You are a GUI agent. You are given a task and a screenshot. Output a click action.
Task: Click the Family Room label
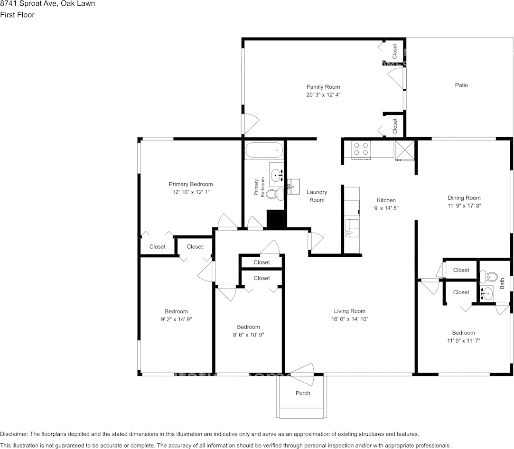tap(323, 87)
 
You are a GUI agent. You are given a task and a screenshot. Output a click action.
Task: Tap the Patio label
tap(461, 85)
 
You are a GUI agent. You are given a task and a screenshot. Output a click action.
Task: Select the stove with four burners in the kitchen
tap(361, 150)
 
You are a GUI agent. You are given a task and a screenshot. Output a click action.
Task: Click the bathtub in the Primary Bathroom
tap(264, 151)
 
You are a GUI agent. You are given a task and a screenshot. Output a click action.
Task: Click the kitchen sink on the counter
tap(352, 227)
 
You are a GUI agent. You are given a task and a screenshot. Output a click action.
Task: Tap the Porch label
tap(303, 393)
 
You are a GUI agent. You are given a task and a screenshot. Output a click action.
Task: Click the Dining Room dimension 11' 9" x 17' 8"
tap(464, 206)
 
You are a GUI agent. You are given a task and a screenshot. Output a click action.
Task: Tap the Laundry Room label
tap(317, 196)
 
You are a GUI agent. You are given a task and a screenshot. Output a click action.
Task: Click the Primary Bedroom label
tap(191, 184)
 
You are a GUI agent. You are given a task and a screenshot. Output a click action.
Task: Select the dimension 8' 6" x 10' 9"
tap(248, 335)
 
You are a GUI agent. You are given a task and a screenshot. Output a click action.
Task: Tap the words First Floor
tap(17, 15)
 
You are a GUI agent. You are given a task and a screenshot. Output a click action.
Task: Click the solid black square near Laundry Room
tap(277, 219)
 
